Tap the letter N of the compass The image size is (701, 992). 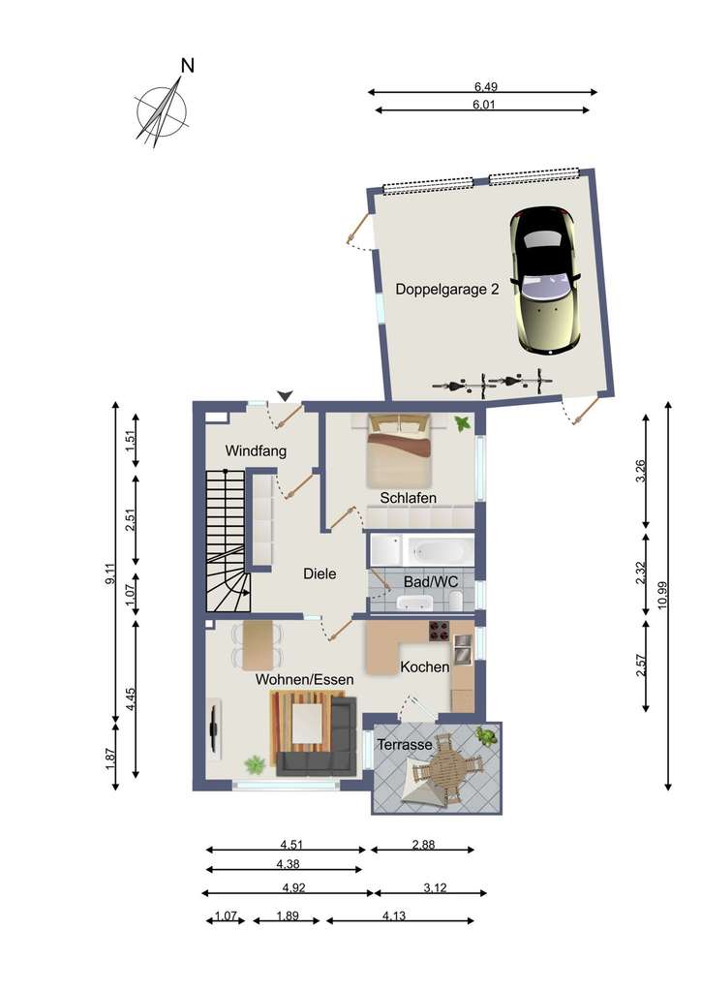click(x=188, y=66)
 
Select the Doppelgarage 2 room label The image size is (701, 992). click(x=447, y=289)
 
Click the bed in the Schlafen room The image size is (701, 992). click(x=398, y=449)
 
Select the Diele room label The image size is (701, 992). click(x=320, y=573)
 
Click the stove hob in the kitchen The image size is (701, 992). click(x=438, y=633)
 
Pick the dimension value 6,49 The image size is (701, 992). click(x=481, y=85)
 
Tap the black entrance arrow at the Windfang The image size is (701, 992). click(x=285, y=394)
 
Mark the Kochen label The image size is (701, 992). click(x=425, y=667)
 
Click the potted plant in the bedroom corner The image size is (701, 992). click(x=463, y=422)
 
